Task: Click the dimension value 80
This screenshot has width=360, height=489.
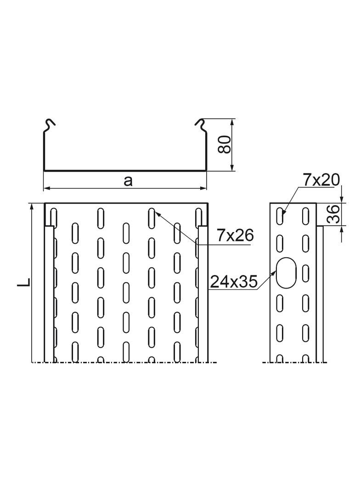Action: [225, 145]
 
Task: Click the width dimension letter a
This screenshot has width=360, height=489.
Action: [128, 181]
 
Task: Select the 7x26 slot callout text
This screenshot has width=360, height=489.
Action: [235, 236]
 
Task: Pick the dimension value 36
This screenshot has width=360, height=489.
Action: [334, 214]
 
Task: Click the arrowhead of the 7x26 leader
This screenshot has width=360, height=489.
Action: [157, 212]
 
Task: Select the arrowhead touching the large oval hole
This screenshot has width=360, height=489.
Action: [275, 272]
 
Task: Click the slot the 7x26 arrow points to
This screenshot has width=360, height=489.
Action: [151, 217]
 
